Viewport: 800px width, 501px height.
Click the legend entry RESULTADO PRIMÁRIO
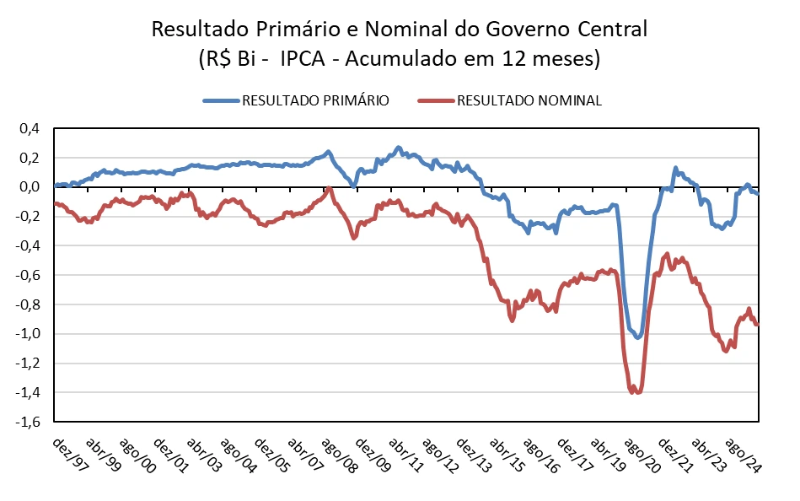coord(315,100)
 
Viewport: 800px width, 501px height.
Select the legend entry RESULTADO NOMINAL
coord(529,100)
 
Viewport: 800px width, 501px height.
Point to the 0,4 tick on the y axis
coord(30,128)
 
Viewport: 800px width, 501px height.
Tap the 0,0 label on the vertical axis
coord(30,187)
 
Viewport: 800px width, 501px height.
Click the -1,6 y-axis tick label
coord(28,422)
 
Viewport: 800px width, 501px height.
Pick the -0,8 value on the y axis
coord(28,304)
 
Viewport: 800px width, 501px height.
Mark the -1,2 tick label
coord(28,364)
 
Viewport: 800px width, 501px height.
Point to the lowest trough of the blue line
coord(638,337)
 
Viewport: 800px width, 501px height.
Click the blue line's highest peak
coord(399,148)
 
